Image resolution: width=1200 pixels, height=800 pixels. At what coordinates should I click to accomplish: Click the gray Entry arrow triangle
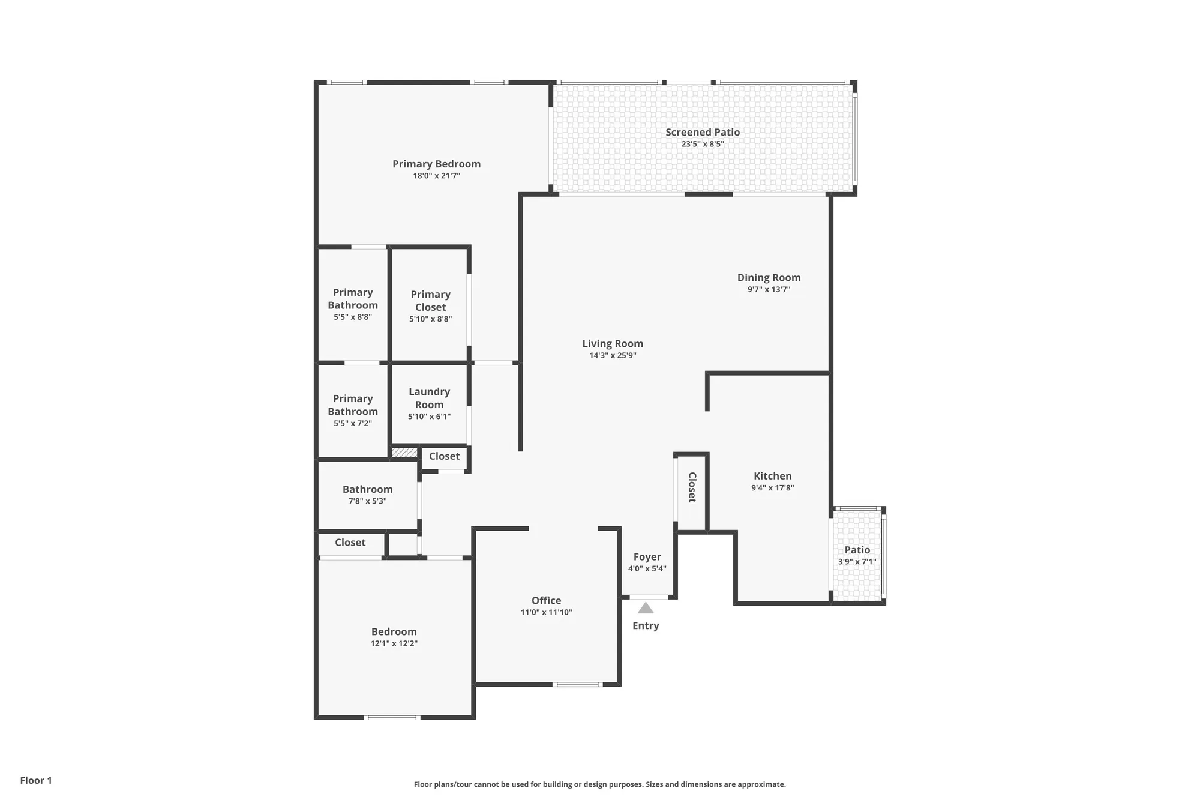point(646,608)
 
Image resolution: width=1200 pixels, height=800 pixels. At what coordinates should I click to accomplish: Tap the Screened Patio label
point(702,132)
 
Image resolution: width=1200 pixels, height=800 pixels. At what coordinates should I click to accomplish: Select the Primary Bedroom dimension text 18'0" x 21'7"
point(436,176)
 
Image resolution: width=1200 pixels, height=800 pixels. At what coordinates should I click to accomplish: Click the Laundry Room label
point(429,398)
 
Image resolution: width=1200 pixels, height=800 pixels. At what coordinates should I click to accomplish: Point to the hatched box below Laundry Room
point(404,453)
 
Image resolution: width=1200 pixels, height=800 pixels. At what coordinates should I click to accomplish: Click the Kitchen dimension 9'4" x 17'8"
point(772,488)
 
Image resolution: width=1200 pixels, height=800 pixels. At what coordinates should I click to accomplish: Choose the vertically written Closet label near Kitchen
point(692,487)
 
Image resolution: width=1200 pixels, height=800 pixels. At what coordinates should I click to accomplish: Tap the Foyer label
point(647,557)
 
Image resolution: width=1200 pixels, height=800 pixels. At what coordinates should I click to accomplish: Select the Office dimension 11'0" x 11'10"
point(546,612)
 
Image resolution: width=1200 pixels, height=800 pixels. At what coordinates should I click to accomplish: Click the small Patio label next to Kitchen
point(857,550)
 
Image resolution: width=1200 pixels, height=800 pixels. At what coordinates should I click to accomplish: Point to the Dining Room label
point(769,277)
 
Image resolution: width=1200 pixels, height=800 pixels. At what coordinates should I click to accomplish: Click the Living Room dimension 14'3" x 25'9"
point(613,355)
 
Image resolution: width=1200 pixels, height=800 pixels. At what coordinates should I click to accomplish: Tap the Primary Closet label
point(430,301)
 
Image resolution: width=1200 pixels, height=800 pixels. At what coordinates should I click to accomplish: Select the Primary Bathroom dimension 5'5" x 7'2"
point(353,423)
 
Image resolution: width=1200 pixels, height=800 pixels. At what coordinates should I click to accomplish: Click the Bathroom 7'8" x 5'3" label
point(367,489)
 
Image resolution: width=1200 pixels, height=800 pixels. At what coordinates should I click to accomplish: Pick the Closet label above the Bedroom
point(350,543)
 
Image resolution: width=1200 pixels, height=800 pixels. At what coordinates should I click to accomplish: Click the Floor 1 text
point(36,780)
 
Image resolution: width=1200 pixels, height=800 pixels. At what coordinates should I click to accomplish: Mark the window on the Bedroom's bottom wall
point(392,717)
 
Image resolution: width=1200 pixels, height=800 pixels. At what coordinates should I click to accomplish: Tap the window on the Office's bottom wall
point(577,684)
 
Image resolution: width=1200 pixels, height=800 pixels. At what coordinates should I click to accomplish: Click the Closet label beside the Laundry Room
point(444,456)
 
